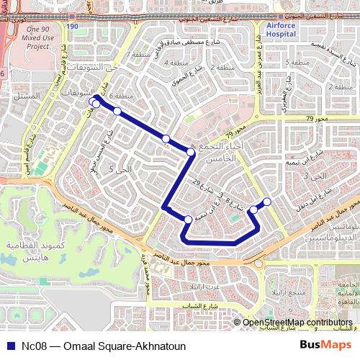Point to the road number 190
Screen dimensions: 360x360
pos(71,27)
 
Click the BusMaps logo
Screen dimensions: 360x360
pos(325,346)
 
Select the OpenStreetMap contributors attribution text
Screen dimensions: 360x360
pos(297,323)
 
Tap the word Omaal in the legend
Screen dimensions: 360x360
pos(80,346)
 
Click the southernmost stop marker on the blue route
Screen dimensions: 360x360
pos(188,219)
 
